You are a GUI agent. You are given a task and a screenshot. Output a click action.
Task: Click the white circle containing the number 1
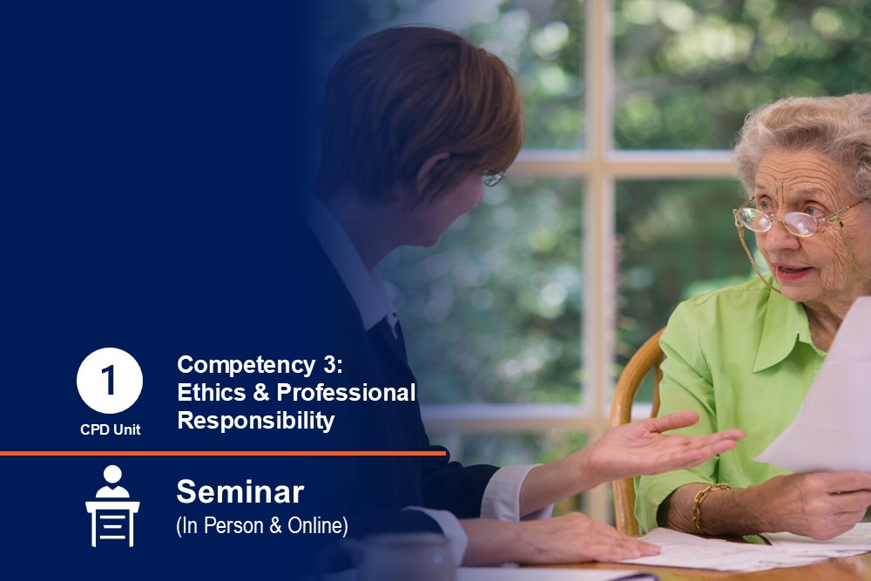pyautogui.click(x=110, y=381)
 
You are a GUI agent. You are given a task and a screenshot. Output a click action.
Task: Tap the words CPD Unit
pyautogui.click(x=110, y=429)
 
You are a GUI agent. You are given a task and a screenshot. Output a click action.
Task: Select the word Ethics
pyautogui.click(x=211, y=392)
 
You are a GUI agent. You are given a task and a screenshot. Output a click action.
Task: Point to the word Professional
pyautogui.click(x=346, y=392)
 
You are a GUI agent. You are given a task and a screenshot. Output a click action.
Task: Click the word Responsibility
pyautogui.click(x=255, y=421)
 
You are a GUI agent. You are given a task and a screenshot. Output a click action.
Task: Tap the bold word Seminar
pyautogui.click(x=240, y=491)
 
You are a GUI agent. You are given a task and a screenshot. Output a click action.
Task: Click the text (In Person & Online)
pyautogui.click(x=261, y=525)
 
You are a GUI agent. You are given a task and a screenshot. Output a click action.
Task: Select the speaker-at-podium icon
pyautogui.click(x=112, y=506)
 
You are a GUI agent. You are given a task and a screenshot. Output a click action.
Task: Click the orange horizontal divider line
pyautogui.click(x=223, y=453)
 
